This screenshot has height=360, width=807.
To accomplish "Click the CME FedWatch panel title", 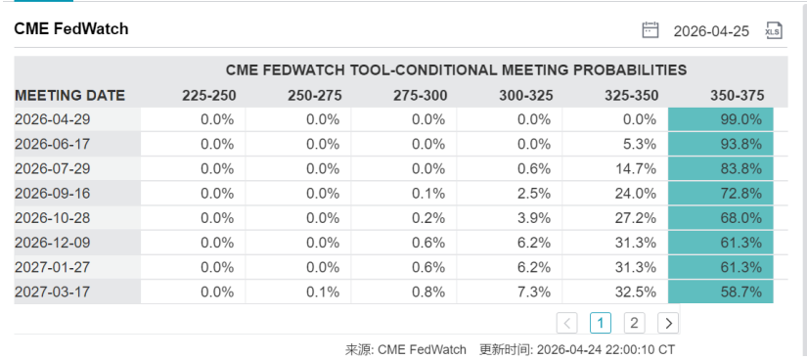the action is [71, 28].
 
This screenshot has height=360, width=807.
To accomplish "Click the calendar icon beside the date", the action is [650, 30].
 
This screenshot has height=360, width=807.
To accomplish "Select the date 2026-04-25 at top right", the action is [711, 31].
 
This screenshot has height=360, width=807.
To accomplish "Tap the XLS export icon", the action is [774, 30].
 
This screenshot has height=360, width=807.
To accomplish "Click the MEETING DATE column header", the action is [70, 96].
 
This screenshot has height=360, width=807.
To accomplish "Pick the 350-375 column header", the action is [737, 96].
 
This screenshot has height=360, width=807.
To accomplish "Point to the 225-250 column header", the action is [208, 96].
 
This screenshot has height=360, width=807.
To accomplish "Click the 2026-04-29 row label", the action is [53, 119].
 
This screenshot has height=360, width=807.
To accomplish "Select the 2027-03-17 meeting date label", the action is [53, 292].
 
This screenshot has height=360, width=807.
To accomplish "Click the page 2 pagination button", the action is [634, 323].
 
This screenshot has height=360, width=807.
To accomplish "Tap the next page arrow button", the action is [668, 323].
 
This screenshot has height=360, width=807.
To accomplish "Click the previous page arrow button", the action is [566, 323].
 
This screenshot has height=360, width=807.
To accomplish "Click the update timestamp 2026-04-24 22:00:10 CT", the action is [605, 349].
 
